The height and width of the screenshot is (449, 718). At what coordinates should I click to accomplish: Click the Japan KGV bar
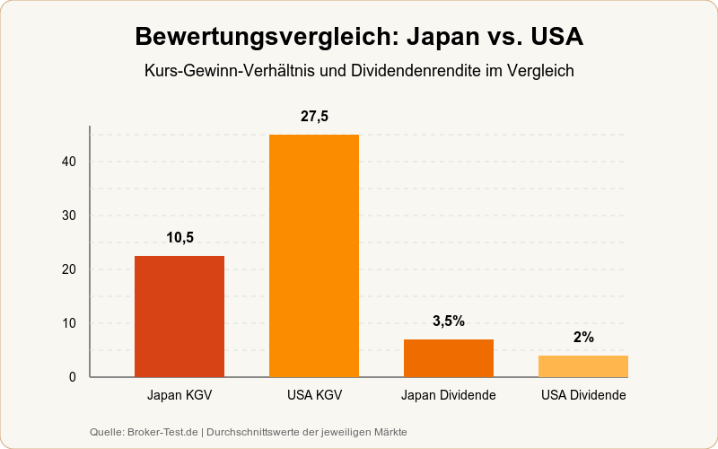tap(179, 316)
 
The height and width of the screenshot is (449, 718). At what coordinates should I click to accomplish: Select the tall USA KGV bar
tap(314, 256)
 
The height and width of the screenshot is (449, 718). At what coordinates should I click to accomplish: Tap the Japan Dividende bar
tap(449, 358)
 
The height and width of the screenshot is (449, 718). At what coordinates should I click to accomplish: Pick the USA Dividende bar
tap(583, 366)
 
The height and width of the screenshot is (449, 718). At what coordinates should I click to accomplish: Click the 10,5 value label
tap(179, 238)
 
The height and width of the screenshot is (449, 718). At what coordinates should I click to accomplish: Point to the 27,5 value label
tap(314, 117)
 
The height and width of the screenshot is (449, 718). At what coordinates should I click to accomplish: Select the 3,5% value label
tap(449, 321)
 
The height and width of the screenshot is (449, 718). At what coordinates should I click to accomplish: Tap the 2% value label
tap(583, 338)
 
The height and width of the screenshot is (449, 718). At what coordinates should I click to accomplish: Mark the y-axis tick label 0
tap(73, 377)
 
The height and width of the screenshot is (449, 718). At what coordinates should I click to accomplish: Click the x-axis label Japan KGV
tap(179, 395)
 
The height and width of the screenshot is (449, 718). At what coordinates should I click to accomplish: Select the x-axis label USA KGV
tap(314, 395)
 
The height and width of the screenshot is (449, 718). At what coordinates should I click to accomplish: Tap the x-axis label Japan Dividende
tap(449, 395)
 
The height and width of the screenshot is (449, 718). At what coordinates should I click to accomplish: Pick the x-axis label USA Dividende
tap(583, 395)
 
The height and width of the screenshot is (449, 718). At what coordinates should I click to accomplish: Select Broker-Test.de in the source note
tap(164, 432)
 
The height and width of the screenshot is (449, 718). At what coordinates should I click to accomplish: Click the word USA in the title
tap(556, 38)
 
